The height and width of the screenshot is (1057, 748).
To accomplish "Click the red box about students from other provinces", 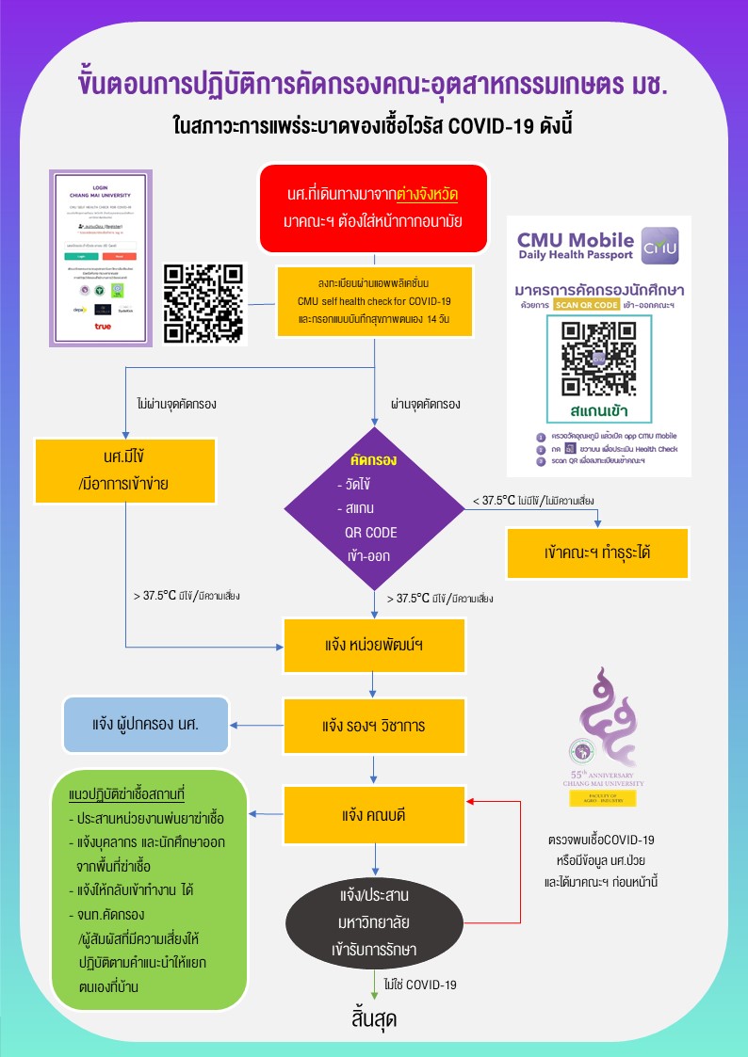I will click(374, 209).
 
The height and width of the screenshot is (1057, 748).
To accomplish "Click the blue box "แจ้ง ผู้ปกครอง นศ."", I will click(146, 725).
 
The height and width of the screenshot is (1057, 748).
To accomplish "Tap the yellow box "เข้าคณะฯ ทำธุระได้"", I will click(597, 553).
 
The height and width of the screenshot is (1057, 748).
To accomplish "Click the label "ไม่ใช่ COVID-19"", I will click(419, 985).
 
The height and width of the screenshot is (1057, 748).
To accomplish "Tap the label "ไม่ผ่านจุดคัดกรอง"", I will click(177, 406).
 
